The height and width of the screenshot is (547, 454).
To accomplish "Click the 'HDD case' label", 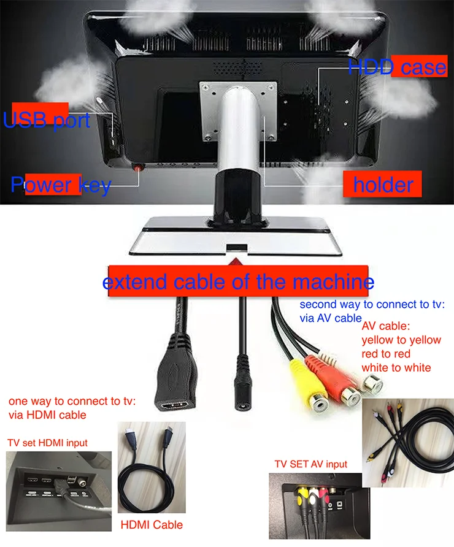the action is tap(396, 66).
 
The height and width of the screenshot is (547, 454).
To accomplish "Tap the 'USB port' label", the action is tap(47, 120).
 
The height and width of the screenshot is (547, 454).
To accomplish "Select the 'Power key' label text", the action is tap(61, 185).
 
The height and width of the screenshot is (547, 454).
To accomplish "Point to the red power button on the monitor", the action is tap(139, 166).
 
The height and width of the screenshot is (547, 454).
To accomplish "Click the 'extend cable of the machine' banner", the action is tap(237, 282).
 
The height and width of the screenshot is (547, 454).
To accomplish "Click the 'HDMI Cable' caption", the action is tap(152, 524).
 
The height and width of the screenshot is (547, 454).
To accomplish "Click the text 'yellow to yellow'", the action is tap(401, 340).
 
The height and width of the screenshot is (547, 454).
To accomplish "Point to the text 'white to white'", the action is tap(396, 367).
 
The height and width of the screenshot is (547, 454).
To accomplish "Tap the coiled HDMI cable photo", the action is tap(150, 469).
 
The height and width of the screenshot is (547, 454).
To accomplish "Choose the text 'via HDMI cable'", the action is tap(47, 415).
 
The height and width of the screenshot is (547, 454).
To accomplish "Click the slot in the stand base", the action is tap(236, 248).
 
